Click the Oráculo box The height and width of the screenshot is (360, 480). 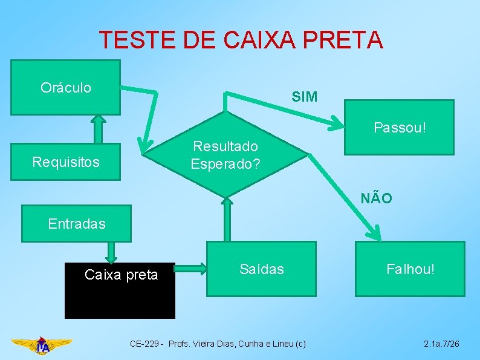coord(65,87)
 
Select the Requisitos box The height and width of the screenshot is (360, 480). coord(65,162)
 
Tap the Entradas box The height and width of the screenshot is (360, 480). coord(76,224)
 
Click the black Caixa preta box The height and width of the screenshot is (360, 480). coord(120,290)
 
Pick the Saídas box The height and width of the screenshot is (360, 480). coord(261,269)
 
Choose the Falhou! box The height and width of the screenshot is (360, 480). coord(410,269)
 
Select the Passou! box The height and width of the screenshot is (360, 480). coord(399,128)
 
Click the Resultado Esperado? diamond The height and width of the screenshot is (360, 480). coord(225,155)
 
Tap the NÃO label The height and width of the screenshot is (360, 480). coord(376,198)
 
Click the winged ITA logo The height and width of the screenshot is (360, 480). coord(42,345)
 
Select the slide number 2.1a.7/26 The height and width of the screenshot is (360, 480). coord(441,344)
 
